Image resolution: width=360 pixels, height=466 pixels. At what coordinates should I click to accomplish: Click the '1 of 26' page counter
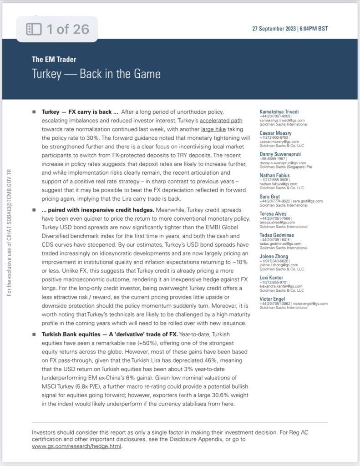(x=67, y=30)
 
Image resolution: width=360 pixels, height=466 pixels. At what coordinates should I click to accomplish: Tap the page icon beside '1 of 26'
(x=34, y=30)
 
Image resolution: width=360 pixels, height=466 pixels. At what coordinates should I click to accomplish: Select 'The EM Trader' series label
(x=54, y=59)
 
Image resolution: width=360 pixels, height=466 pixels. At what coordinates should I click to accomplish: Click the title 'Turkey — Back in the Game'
(x=96, y=73)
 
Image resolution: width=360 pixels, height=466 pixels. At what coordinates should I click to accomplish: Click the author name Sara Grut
(x=270, y=196)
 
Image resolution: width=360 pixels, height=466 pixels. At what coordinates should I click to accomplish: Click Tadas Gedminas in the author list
(x=277, y=235)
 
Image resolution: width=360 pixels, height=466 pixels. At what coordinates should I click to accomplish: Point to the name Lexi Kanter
(x=272, y=278)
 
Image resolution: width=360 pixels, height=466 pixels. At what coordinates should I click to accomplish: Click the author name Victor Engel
(x=272, y=299)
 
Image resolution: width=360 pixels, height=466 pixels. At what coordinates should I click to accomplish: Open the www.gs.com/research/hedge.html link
(x=76, y=446)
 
